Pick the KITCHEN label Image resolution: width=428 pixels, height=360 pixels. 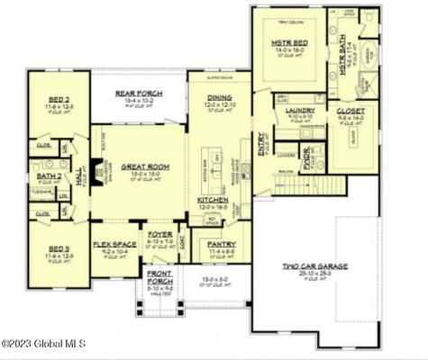click(213, 200)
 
